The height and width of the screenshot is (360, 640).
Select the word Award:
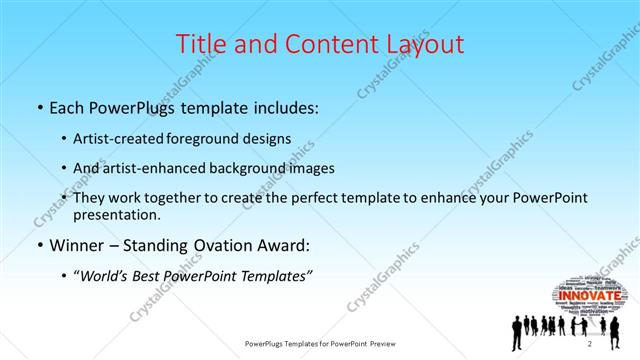[x=289, y=244]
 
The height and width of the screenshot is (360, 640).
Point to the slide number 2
[x=590, y=343]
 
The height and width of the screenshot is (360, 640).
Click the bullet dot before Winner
[x=39, y=245]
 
